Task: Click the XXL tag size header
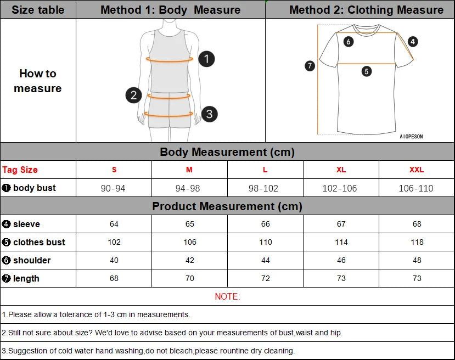click(x=417, y=170)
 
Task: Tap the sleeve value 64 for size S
click(x=114, y=224)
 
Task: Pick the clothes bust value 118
click(x=417, y=242)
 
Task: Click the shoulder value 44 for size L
click(x=266, y=260)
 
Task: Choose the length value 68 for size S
click(x=114, y=278)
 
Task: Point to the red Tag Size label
click(x=20, y=170)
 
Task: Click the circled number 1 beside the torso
click(x=206, y=59)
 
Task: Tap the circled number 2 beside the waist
click(x=133, y=95)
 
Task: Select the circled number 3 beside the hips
click(x=209, y=114)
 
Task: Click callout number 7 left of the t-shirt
click(x=310, y=66)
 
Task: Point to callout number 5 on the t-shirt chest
click(x=367, y=71)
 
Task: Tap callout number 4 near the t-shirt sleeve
click(x=413, y=41)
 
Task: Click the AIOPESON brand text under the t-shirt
click(x=411, y=137)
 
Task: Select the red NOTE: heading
click(x=227, y=296)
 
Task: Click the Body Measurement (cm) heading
click(x=227, y=152)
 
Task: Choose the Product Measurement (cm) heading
click(x=227, y=206)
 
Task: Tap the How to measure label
click(x=38, y=81)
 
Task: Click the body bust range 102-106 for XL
click(x=340, y=188)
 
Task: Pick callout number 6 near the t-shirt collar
click(x=349, y=41)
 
